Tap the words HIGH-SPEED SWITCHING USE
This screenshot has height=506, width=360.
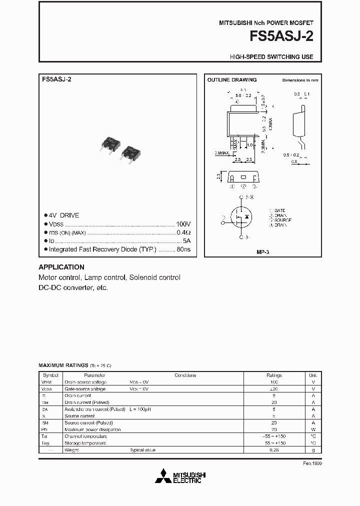(271, 57)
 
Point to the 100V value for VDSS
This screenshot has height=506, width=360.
(183, 224)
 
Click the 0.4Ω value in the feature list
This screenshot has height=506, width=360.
(183, 232)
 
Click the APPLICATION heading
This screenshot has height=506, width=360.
(61, 267)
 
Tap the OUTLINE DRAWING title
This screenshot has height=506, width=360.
(232, 80)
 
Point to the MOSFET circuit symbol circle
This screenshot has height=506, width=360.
(242, 217)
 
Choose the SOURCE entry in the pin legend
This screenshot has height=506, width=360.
(281, 220)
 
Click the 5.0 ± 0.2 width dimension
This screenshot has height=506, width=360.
(242, 95)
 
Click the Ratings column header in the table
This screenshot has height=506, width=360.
(274, 375)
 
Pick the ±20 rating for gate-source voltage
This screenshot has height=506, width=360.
(274, 388)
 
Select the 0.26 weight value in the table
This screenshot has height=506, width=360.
(274, 450)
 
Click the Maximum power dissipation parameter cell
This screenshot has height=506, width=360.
(92, 429)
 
